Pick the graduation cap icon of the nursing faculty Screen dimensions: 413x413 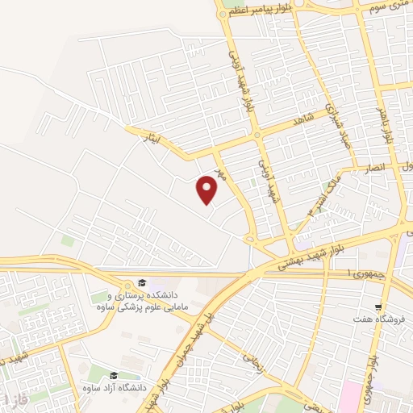142,282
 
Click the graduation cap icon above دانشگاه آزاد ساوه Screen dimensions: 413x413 114,376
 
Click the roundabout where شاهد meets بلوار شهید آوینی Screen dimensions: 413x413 256,135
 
